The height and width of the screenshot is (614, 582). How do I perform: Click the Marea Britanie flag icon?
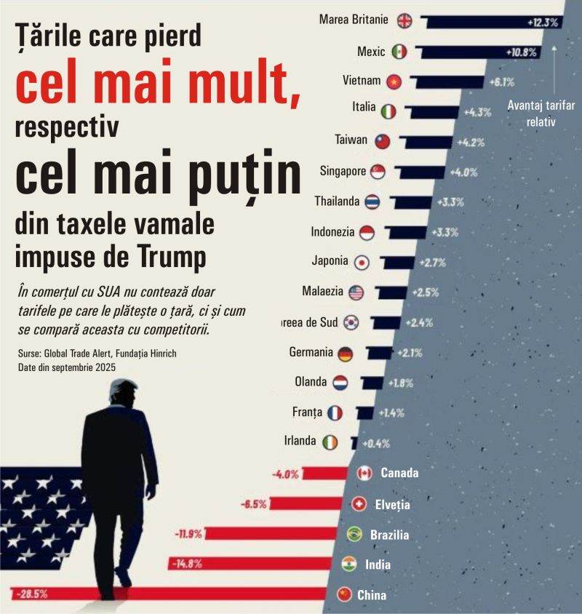coord(404,20)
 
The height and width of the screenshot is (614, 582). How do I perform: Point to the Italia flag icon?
coord(388,110)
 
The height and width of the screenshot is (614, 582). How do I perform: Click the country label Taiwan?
coord(351,140)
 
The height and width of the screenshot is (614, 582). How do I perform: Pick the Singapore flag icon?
coord(378,172)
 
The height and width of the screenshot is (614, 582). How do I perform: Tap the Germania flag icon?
coord(345,354)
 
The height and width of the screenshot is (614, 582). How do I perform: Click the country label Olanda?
coord(311,382)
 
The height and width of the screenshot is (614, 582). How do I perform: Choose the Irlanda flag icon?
coord(330,442)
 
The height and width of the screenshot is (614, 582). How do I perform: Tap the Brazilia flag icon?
coord(356,535)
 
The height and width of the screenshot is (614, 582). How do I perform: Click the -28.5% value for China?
coord(31,594)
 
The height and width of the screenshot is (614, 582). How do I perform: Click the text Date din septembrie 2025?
coord(67,367)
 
